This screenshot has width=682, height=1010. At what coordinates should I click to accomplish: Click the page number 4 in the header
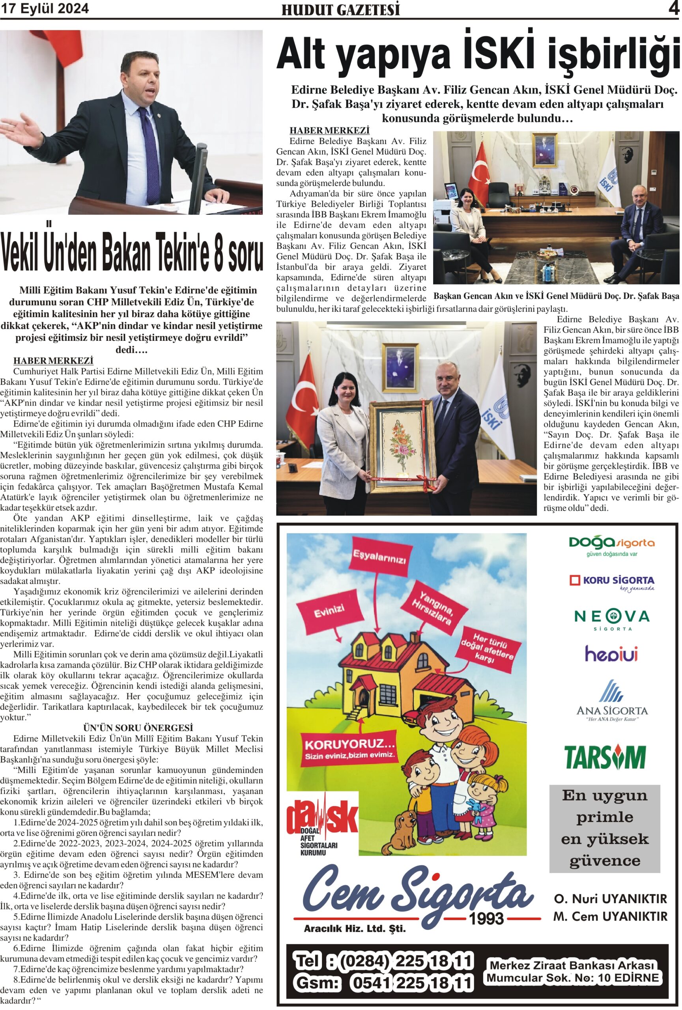673,8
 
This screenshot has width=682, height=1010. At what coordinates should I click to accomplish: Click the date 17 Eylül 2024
45,8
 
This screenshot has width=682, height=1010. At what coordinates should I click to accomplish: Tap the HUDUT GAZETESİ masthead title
340,10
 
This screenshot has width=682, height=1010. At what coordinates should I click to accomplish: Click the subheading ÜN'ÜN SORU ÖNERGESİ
138,728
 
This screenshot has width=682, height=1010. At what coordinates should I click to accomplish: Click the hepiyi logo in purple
611,654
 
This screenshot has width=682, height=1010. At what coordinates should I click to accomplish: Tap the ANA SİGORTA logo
612,701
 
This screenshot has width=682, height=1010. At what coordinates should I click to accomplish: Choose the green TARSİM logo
605,757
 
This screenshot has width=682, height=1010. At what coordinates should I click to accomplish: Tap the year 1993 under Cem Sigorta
486,918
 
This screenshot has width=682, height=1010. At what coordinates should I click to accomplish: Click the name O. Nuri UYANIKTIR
610,898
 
